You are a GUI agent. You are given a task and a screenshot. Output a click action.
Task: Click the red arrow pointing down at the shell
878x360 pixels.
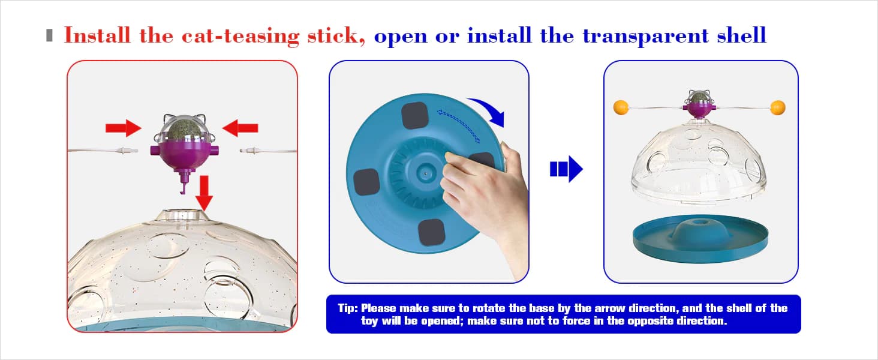[204, 193]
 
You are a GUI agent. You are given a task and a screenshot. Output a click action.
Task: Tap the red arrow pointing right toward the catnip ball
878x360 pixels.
[123, 128]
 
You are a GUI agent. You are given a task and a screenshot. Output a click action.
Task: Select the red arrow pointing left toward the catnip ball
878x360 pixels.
[240, 128]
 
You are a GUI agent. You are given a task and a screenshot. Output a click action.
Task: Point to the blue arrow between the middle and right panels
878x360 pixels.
[566, 169]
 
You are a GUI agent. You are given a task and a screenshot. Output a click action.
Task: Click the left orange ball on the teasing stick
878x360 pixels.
[621, 107]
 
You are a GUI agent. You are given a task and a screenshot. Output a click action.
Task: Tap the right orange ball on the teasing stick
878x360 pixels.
[778, 107]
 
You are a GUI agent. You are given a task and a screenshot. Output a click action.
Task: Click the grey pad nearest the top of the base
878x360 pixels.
[414, 115]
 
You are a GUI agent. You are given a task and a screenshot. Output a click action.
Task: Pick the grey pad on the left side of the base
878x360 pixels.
[366, 182]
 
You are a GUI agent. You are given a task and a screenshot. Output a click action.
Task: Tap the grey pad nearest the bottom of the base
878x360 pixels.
[431, 232]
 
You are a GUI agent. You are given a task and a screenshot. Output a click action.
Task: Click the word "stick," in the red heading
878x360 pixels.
[336, 35]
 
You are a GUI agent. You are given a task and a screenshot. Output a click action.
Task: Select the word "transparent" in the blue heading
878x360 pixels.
[645, 37]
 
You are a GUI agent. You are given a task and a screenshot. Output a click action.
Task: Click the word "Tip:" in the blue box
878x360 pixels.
[348, 308]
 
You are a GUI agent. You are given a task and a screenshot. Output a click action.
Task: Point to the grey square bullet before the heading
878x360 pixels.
[49, 35]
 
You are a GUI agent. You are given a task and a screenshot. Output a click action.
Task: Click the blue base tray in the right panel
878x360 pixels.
[700, 238]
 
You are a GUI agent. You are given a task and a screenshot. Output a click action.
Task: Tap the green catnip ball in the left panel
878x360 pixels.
[184, 131]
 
